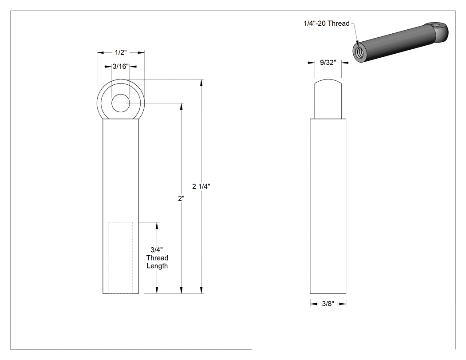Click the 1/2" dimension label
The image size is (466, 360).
121,53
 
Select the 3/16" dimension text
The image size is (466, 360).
121,66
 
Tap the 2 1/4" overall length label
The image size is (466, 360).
201,186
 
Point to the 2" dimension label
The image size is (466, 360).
181,198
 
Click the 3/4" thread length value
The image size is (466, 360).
157,250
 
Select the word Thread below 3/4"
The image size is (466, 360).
157,258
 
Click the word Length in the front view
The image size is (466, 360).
157,266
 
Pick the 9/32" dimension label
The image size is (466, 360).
328,63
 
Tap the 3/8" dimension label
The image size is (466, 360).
328,304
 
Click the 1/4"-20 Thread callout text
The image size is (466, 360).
326,23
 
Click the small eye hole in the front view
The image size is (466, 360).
121,103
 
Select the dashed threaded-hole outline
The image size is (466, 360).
121,258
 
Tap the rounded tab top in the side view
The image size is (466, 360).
328,81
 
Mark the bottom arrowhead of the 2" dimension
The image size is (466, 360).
181,290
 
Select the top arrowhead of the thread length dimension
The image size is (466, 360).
157,225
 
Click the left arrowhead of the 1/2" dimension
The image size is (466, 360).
100,53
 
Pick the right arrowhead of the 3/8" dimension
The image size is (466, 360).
343,304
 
